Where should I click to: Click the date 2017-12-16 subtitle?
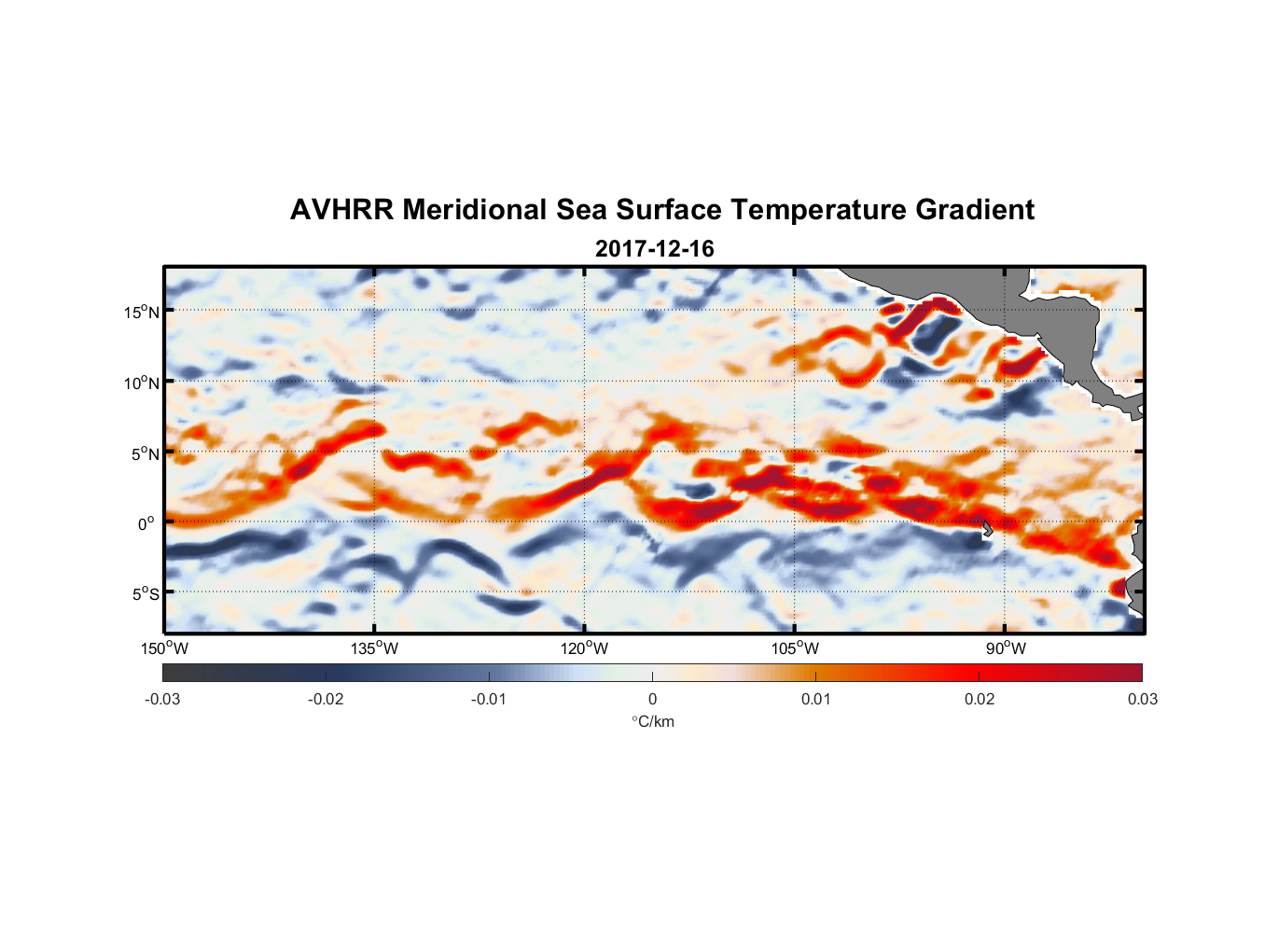654,249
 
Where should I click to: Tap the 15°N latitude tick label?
141,312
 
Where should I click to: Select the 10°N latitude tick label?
141,383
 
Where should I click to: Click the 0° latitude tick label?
146,524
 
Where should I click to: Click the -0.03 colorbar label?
162,700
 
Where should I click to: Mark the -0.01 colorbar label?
489,700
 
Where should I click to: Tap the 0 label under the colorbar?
652,700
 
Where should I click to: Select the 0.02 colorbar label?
979,700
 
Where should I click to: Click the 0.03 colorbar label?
1142,700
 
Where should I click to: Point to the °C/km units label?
652,722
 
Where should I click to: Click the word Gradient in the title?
974,210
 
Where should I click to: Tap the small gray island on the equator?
987,528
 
